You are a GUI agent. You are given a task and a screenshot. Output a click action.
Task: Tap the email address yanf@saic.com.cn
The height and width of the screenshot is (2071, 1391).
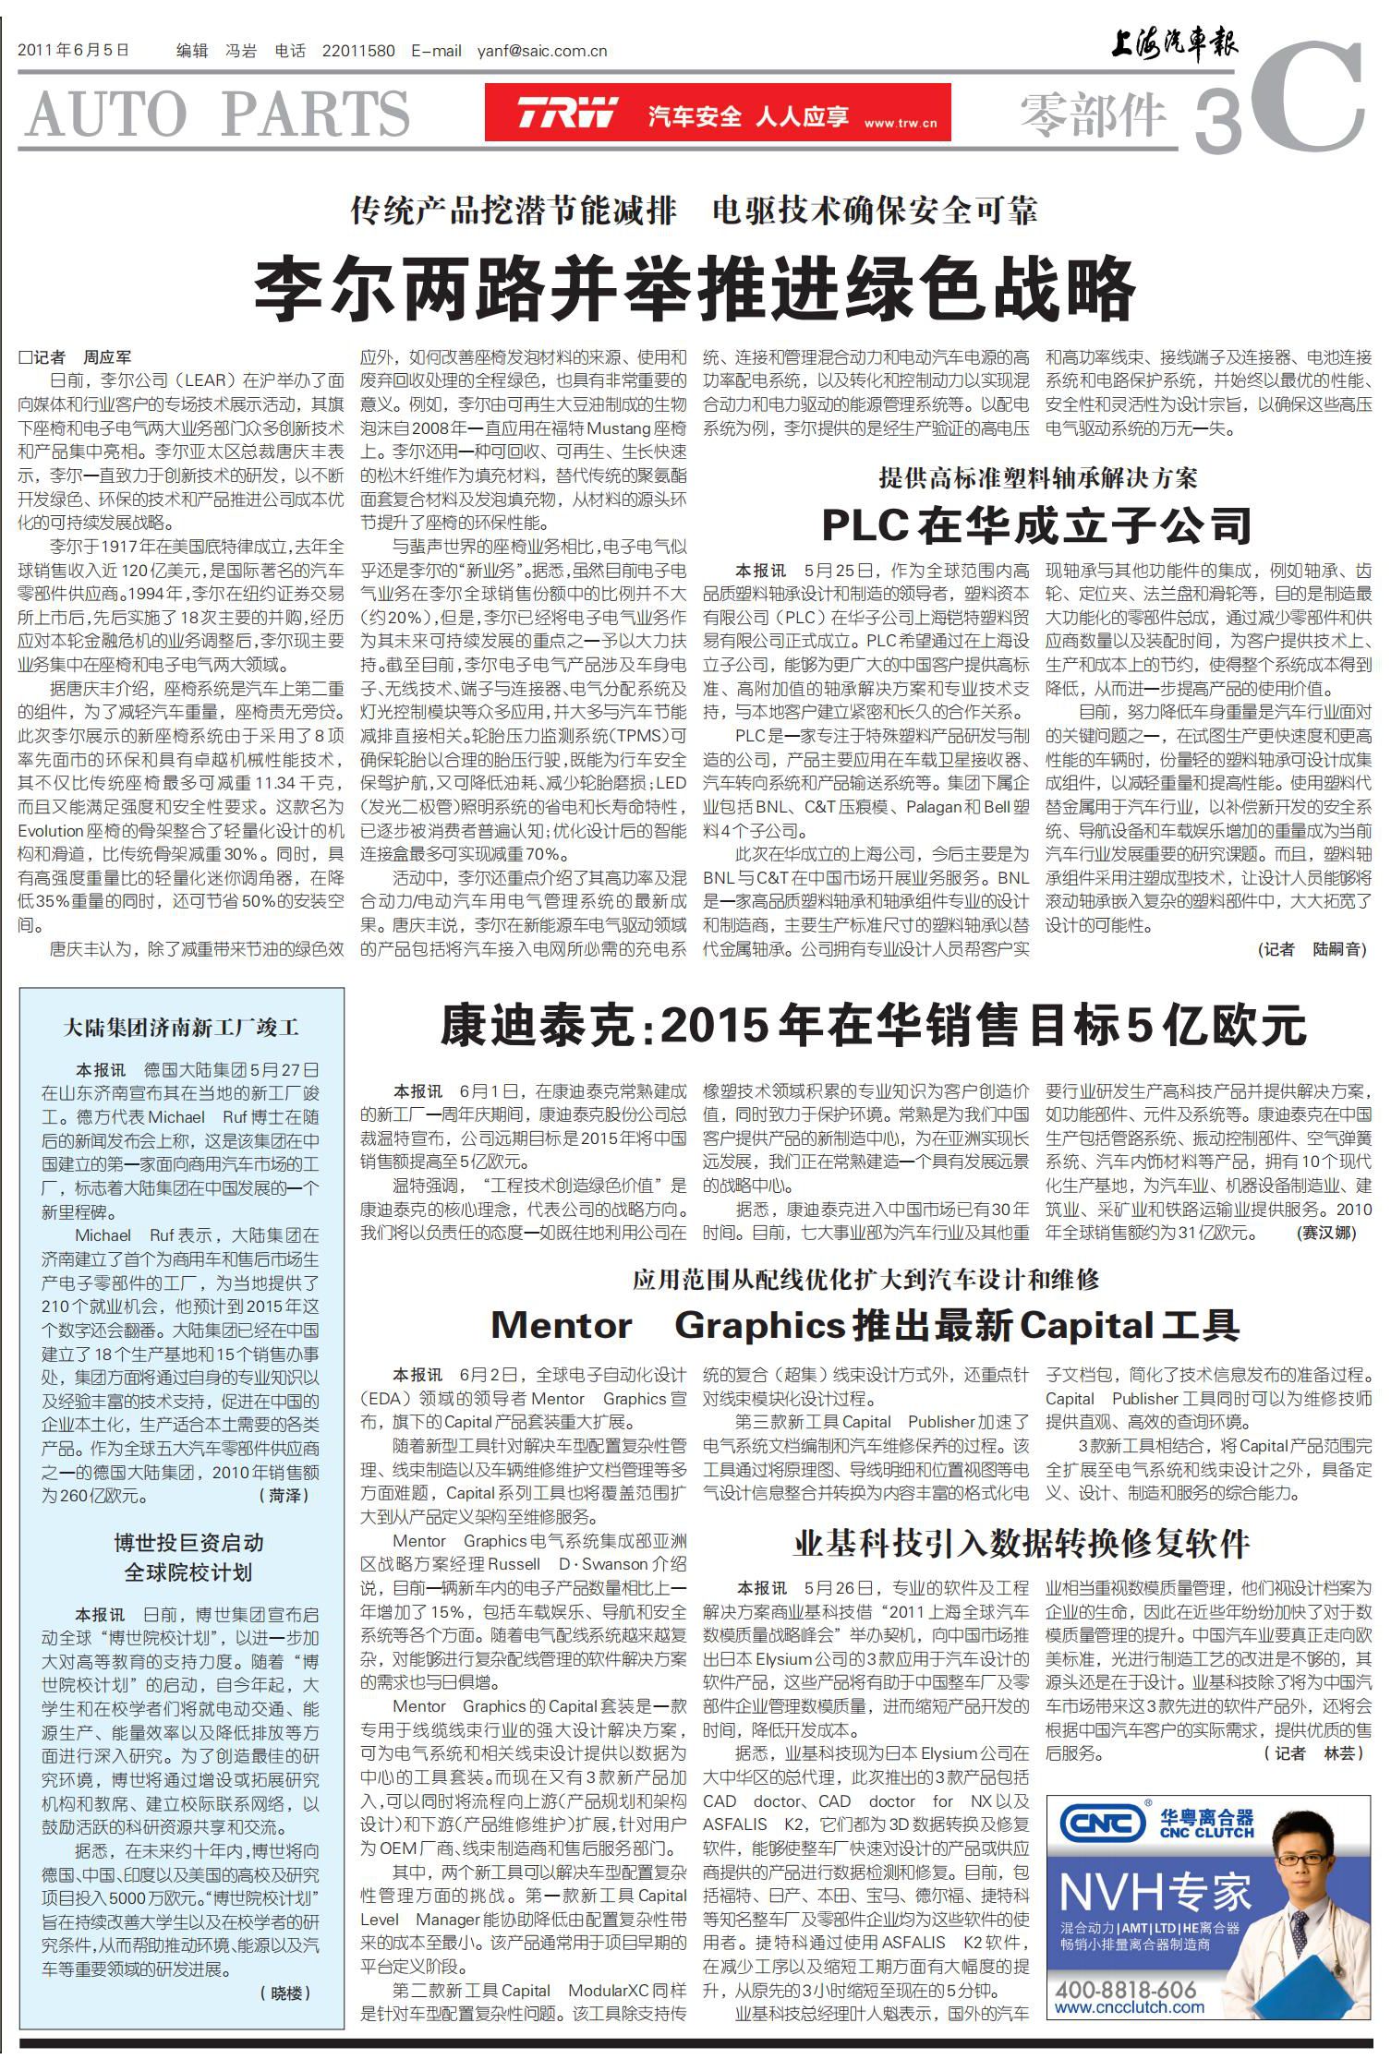tap(542, 51)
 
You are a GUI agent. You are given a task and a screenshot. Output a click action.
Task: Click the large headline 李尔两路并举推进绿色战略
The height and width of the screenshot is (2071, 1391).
tap(694, 290)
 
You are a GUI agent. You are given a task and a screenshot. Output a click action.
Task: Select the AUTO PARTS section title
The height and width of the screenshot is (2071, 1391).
tap(219, 114)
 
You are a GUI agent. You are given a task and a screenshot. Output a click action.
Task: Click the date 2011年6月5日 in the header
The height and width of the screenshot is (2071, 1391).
tap(73, 51)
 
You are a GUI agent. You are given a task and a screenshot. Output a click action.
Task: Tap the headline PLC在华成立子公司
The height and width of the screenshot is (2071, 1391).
tap(1036, 525)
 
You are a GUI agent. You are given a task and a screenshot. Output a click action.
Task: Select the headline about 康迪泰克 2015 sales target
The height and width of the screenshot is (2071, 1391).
tap(873, 1025)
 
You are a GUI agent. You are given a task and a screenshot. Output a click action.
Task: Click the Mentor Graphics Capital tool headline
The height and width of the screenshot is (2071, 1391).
tap(865, 1325)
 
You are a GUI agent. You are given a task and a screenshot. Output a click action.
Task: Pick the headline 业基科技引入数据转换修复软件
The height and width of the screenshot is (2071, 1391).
tap(1022, 1542)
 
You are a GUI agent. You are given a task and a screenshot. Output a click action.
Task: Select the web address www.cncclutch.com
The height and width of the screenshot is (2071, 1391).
tap(1129, 2007)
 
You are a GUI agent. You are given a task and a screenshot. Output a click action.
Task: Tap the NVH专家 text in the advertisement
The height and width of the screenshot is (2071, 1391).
tap(1155, 1892)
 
